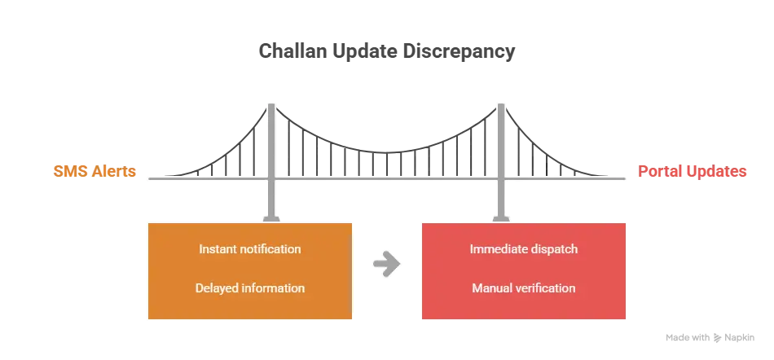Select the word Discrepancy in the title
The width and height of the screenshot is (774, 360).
pyautogui.click(x=459, y=52)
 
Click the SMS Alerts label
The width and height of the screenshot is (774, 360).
pyautogui.click(x=95, y=171)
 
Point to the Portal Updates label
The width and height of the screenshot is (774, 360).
pyautogui.click(x=692, y=171)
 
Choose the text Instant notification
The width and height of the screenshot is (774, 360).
pyautogui.click(x=250, y=249)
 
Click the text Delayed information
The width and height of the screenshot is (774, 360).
pyautogui.click(x=250, y=288)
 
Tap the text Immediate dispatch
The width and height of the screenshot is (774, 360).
pyautogui.click(x=524, y=249)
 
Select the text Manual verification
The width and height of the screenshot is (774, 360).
pyautogui.click(x=524, y=288)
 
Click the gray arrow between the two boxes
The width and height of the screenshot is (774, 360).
pyautogui.click(x=386, y=264)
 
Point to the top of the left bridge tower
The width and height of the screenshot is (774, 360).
pyautogui.click(x=271, y=104)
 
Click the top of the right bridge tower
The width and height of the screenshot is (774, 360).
pyautogui.click(x=501, y=104)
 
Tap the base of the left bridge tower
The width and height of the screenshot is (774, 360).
pyautogui.click(x=271, y=219)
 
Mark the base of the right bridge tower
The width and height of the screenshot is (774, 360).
pyautogui.click(x=501, y=219)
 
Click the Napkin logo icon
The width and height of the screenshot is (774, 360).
pyautogui.click(x=717, y=338)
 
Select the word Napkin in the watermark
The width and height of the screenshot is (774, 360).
pyautogui.click(x=740, y=338)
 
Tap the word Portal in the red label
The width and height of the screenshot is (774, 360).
pyautogui.click(x=658, y=171)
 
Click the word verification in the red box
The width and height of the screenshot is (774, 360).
pyautogui.click(x=546, y=288)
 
